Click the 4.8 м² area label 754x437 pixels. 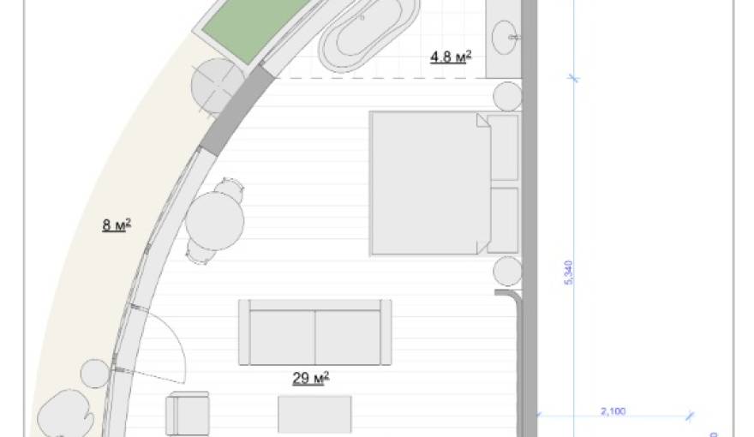point(451,57)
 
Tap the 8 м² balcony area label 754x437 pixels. point(117,224)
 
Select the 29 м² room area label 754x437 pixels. point(311,378)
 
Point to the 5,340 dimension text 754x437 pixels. point(568,272)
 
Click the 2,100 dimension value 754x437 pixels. point(613,411)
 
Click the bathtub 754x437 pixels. point(368,33)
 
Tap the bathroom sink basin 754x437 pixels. point(505,37)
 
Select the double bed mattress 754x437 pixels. point(430,183)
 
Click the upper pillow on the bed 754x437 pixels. point(503,147)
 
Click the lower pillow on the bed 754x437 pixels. point(503,220)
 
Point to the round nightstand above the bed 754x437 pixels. point(507,97)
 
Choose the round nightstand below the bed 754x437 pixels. point(507,271)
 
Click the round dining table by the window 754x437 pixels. point(214,221)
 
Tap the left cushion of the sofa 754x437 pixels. point(283,337)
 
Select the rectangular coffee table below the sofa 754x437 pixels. point(314,414)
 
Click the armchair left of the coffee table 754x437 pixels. point(188,414)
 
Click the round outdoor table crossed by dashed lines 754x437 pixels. point(217,86)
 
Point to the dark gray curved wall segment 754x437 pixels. point(236,111)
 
